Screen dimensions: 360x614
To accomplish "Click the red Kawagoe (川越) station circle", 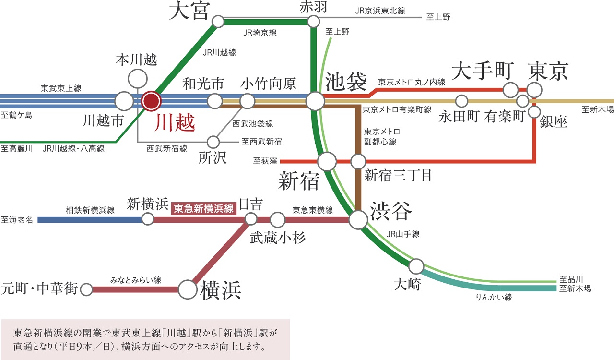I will pos(152,101).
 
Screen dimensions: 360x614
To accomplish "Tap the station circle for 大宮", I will pos(218,22).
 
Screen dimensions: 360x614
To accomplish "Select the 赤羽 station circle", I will pos(314,22).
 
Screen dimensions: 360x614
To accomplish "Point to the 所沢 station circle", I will pos(213,142).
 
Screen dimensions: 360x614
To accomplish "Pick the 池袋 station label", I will pos(346,82).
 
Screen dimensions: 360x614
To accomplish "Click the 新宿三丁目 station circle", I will pos(358,162).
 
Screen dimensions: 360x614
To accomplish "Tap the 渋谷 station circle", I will pos(358,220).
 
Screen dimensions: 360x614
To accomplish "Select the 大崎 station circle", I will pos(416,266).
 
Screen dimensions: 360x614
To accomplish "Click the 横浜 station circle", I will pos(188,289).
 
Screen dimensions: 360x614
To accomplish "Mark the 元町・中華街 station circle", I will pos(86,289).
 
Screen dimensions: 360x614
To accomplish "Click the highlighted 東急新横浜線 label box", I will pos(204,208).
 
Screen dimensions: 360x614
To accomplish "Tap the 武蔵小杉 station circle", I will pos(278,220).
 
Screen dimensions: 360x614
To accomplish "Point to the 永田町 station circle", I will pos(461,101).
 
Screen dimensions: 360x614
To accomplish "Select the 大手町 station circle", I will pos(510,90).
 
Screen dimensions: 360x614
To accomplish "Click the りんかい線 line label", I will pos(494,298).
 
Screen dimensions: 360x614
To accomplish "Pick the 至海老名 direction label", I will pos(17,220).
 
